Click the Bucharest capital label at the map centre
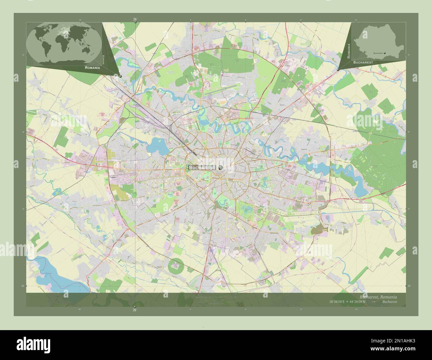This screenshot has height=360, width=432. click(202, 168)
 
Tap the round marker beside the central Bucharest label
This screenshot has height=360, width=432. click(220, 168)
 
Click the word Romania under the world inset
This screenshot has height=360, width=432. click(92, 67)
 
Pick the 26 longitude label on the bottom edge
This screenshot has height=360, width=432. click(135, 310)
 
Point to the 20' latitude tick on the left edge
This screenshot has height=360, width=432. click(23, 286)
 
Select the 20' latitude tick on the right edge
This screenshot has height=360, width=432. click(409, 286)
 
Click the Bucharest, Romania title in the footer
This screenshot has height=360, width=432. click(378, 297)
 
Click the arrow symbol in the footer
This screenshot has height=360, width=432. click(374, 302)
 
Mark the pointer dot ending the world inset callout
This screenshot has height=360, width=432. click(120, 76)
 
